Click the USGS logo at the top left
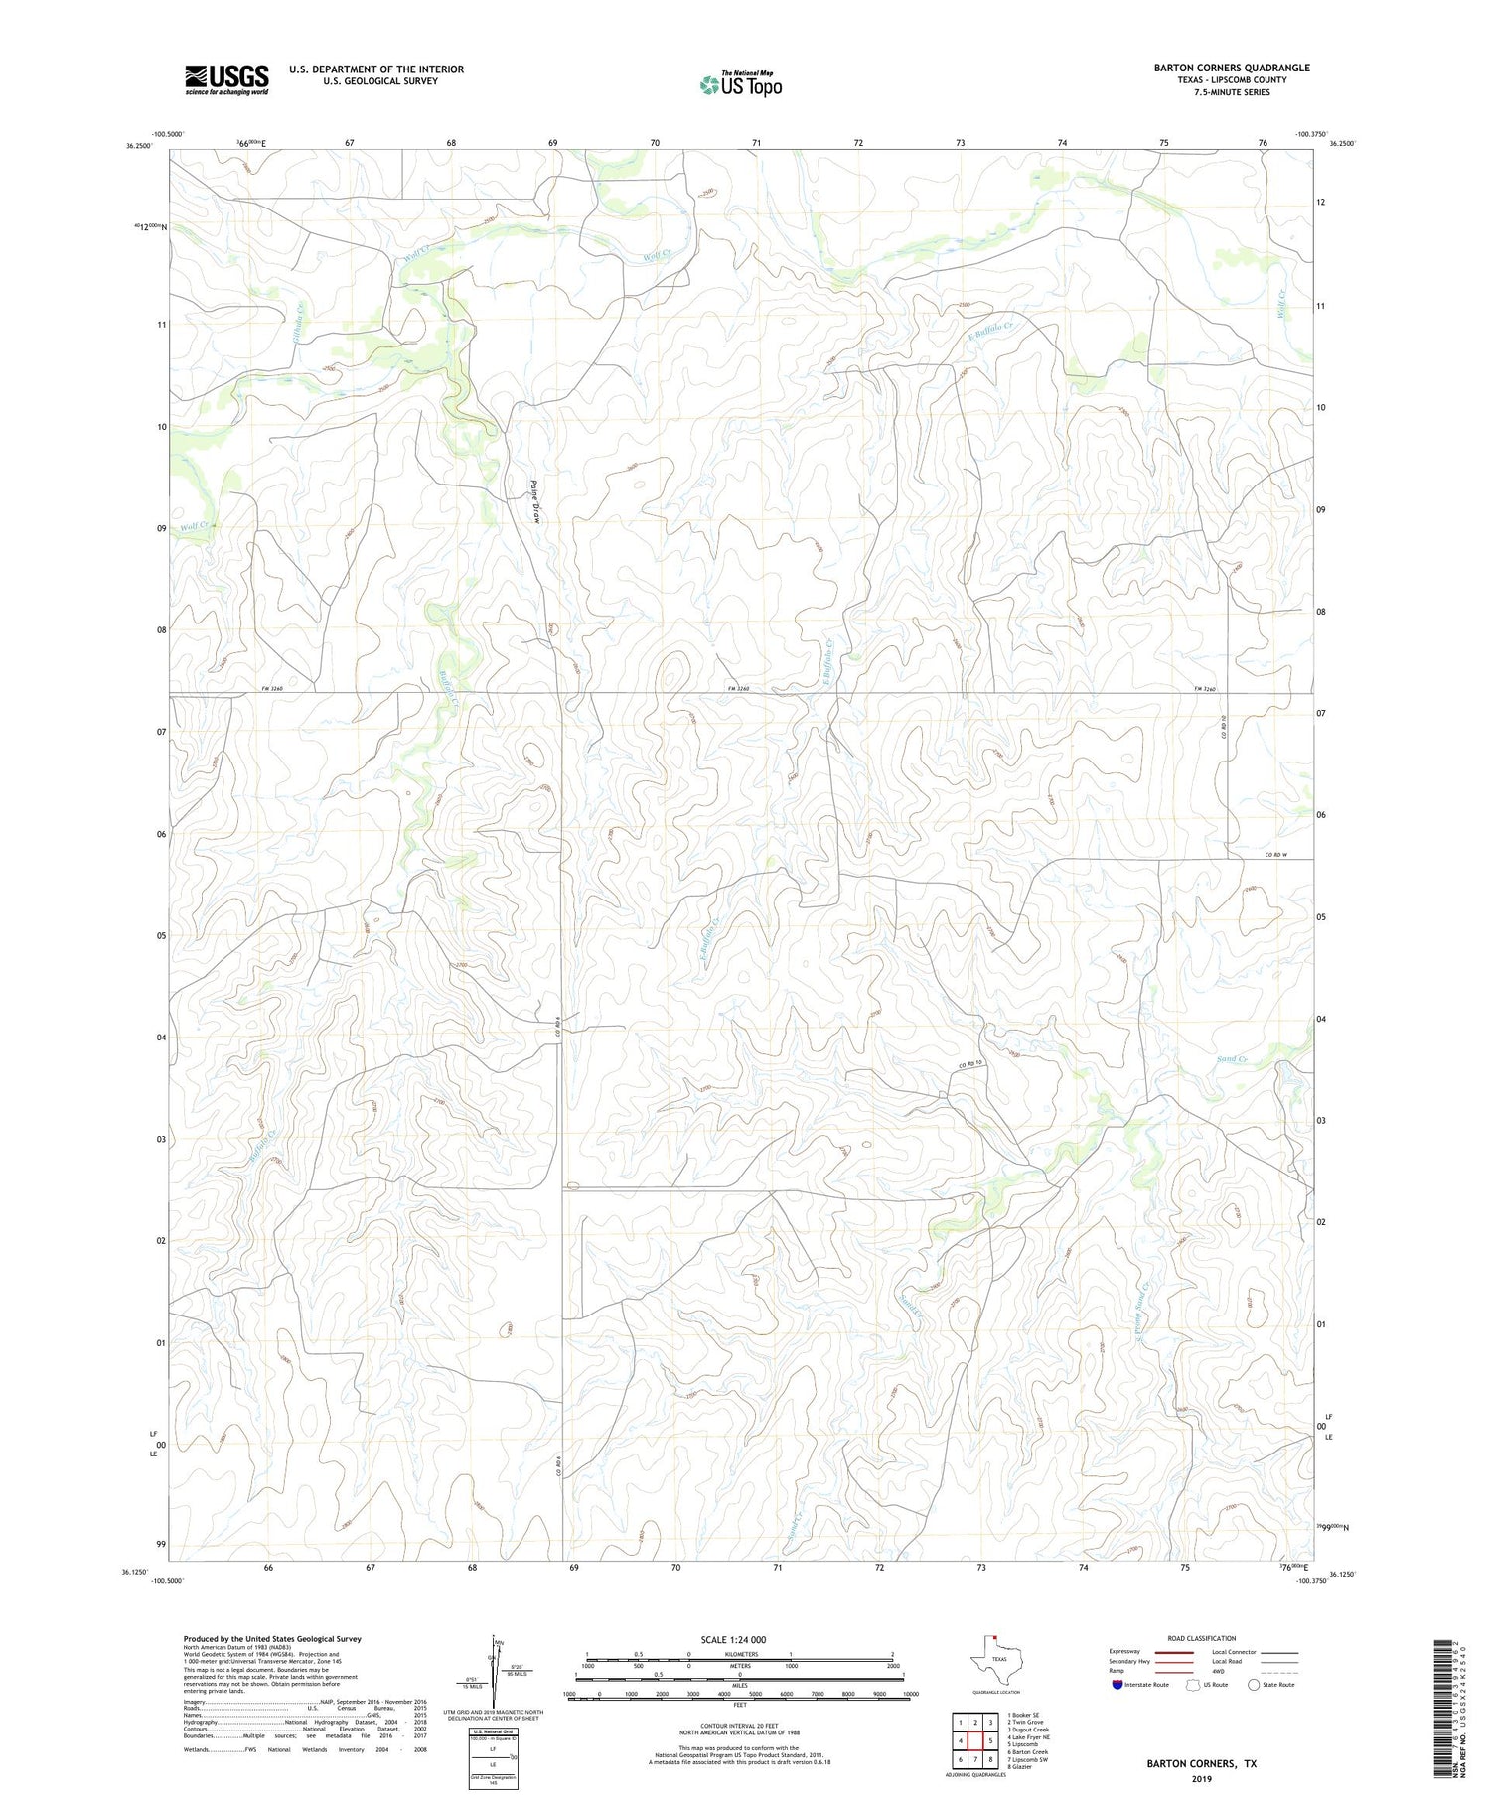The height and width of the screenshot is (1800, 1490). pyautogui.click(x=226, y=79)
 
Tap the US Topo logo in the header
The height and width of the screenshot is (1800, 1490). pyautogui.click(x=740, y=84)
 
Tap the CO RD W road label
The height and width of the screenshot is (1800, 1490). pyautogui.click(x=1276, y=855)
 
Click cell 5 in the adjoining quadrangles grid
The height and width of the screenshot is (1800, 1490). pyautogui.click(x=990, y=1740)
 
